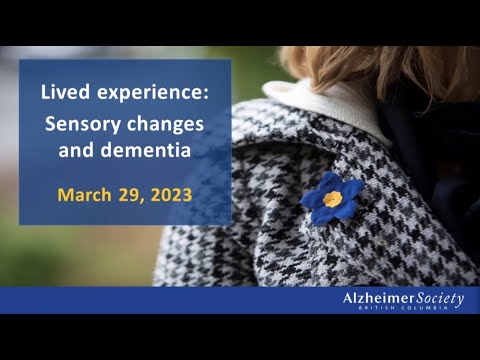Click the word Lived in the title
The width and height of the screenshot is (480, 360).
(x=61, y=93)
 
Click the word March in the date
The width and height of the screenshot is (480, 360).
(x=87, y=193)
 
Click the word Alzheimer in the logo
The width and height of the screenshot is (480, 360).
(x=378, y=298)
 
